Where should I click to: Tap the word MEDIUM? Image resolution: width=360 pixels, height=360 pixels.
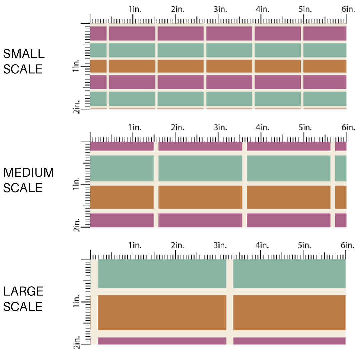click(29, 173)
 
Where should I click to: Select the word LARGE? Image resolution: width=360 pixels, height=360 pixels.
click(24, 291)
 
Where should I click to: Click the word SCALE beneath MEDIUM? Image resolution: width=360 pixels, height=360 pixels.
click(23, 188)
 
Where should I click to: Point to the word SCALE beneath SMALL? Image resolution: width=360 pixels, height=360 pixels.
click(23, 69)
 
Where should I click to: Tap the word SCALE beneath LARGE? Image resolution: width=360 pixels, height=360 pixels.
click(23, 307)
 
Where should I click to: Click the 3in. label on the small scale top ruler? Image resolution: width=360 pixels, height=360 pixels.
click(220, 9)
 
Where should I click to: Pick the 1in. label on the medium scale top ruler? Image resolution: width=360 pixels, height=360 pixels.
click(135, 128)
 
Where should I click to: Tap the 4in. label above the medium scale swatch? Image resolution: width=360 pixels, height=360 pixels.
click(262, 128)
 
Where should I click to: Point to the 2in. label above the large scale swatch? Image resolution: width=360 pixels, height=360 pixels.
click(177, 246)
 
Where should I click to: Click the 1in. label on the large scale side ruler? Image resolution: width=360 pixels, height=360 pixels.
click(76, 302)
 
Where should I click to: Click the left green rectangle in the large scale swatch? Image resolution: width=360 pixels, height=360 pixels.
click(162, 274)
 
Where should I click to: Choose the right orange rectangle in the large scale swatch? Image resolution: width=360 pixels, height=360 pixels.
click(289, 312)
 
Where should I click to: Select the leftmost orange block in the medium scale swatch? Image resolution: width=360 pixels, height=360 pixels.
click(122, 197)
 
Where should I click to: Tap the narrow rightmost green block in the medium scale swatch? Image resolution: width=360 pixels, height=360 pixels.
click(341, 168)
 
